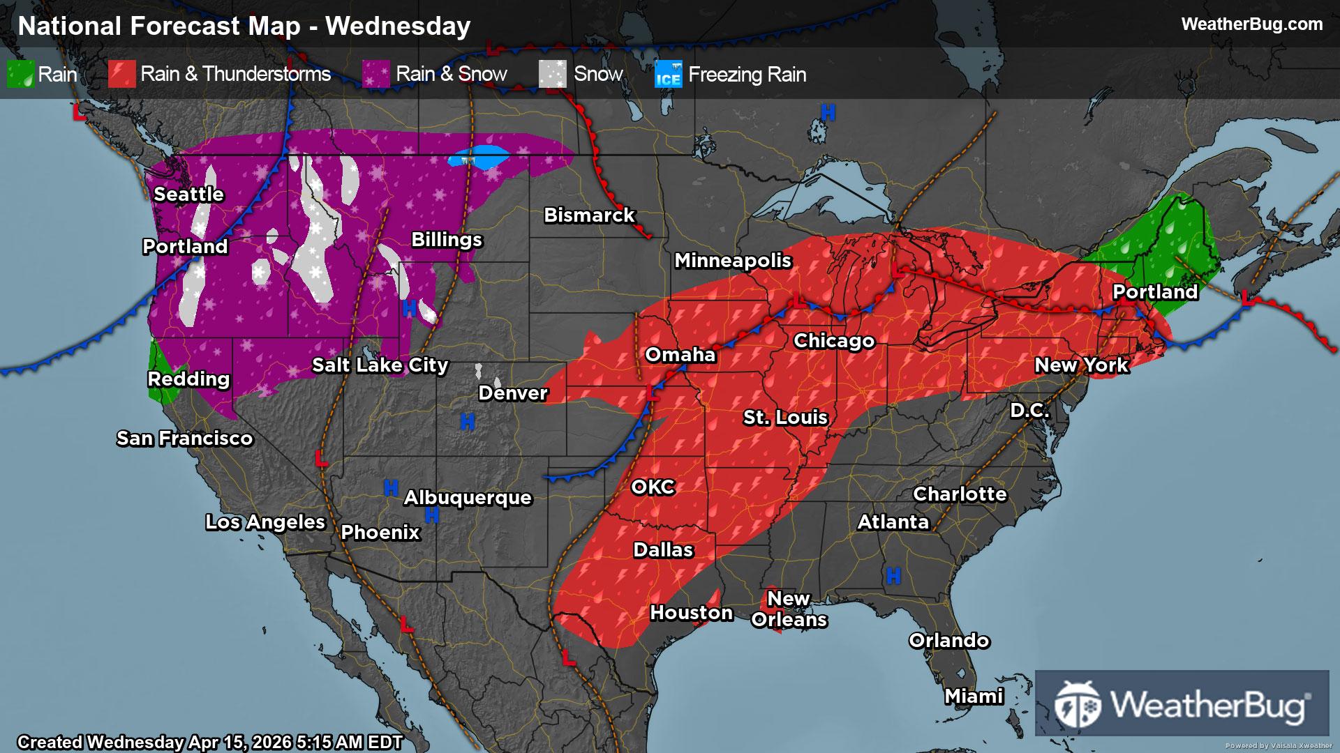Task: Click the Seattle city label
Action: pos(188,194)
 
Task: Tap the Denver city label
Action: pos(513,393)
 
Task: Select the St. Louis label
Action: pos(785,418)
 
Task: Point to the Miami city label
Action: pos(974,696)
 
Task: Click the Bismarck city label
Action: pos(589,215)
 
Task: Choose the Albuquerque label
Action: pos(468,498)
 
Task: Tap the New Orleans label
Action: pos(789,609)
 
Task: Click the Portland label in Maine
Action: pos(1155,292)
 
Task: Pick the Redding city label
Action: pos(188,379)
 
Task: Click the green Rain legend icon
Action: pos(20,75)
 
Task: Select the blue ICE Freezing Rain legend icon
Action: pos(668,75)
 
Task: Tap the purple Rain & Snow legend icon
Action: pos(375,75)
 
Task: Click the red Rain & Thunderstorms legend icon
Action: pos(121,75)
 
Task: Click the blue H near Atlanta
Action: pos(893,576)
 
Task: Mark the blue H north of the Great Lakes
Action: pos(828,112)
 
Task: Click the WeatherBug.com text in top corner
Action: pos(1251,24)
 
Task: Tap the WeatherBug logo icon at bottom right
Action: pos(1077,703)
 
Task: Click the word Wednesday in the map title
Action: pos(398,26)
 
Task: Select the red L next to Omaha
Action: pos(653,391)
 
